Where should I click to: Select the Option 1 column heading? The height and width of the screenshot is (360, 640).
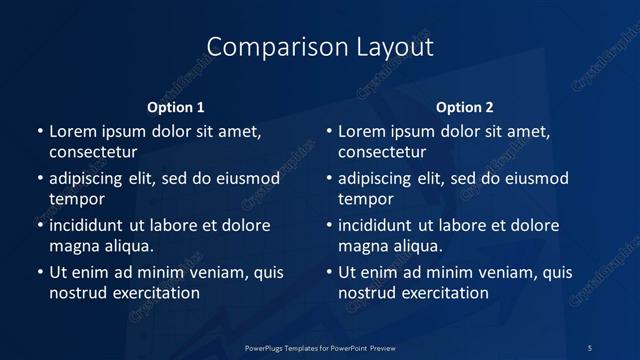pos(176,107)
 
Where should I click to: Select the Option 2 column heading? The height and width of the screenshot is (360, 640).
pos(465,107)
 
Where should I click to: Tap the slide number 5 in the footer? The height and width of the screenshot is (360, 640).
pos(590,347)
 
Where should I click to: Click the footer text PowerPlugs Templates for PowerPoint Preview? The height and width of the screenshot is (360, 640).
pos(320,347)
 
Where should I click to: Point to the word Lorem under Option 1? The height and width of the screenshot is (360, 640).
pos(73,131)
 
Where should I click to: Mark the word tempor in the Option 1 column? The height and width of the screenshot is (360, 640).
pos(73,200)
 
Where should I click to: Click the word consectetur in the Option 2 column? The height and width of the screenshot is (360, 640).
pos(382,153)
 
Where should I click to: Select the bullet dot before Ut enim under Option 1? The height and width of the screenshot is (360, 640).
pos(39,272)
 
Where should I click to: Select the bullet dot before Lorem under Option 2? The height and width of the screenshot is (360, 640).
pos(328,131)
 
